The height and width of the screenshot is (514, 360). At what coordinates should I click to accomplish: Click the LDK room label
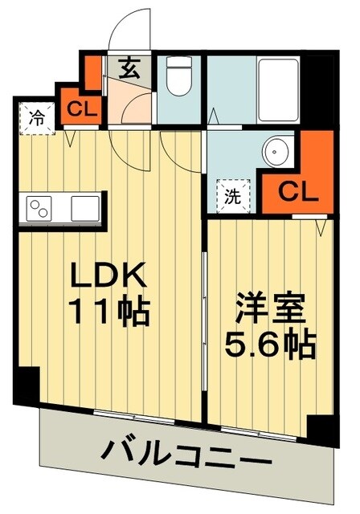pos(110,276)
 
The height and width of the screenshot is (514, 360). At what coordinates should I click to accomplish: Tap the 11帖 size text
pos(110,311)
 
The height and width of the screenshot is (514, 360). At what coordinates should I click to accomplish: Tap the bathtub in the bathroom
pos(268,88)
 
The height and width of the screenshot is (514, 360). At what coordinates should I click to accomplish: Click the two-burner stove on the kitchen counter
pos(39,208)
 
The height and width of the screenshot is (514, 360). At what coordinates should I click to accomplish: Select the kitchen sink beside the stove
pos(84,208)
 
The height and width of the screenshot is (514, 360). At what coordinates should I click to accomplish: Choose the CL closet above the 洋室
pos(298,191)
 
